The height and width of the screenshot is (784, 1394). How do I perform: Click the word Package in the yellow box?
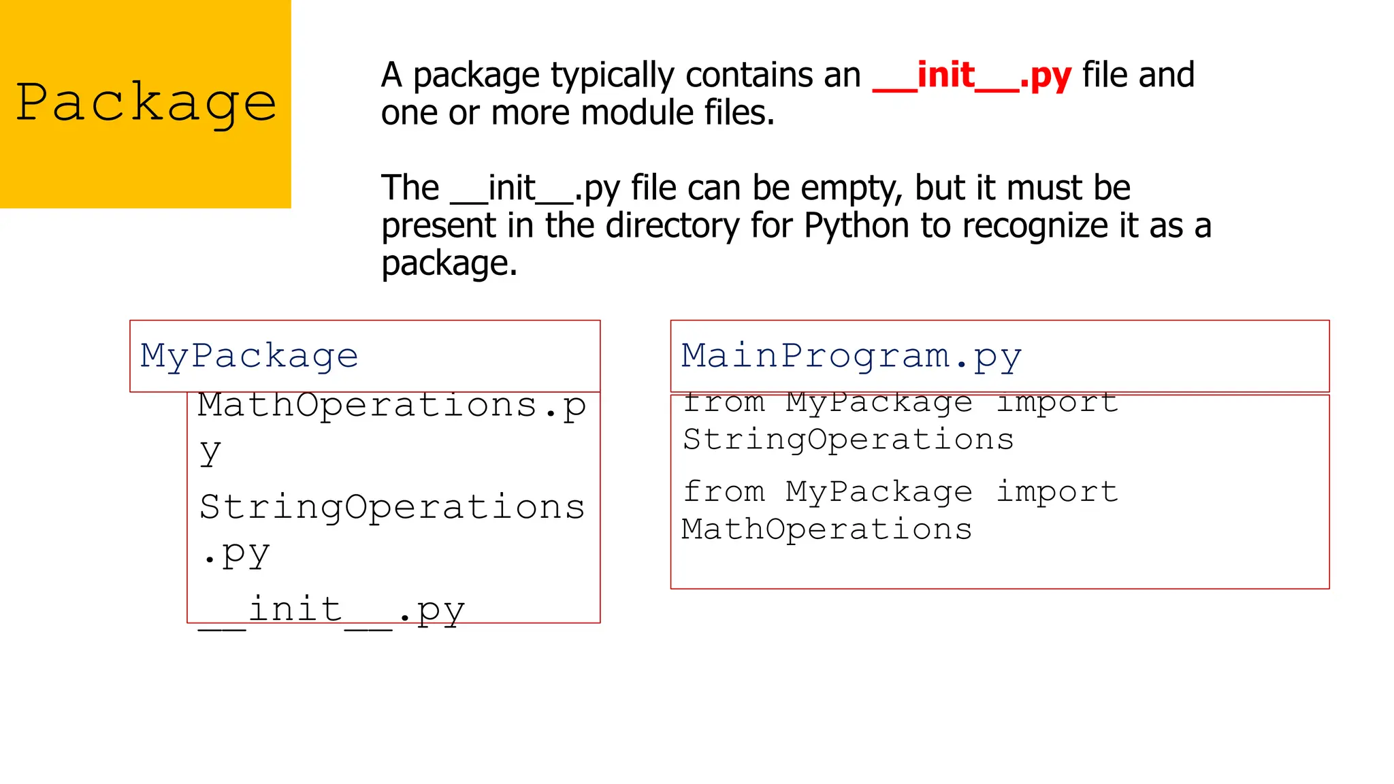(x=146, y=102)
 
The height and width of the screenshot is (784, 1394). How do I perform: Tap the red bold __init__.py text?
(x=971, y=76)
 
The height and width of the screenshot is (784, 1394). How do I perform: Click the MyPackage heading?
(x=249, y=356)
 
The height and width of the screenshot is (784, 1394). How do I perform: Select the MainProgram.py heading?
(x=851, y=356)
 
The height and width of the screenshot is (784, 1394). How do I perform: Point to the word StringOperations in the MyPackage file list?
(x=392, y=508)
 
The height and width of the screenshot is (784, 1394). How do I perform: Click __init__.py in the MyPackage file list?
(x=331, y=610)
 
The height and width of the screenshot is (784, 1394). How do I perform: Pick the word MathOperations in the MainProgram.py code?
(x=826, y=529)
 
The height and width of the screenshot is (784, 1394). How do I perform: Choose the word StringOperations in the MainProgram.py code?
(x=848, y=440)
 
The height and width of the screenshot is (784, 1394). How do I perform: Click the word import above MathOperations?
(x=1056, y=491)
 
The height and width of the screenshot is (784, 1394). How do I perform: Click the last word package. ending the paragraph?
(x=449, y=263)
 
